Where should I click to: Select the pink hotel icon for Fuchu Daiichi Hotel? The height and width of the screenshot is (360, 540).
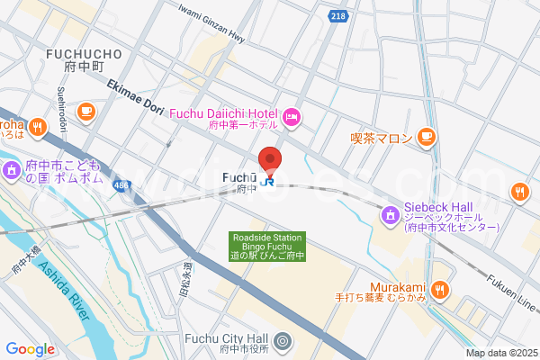pos(292,116)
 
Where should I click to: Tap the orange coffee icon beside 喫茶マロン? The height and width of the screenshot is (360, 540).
pos(427,138)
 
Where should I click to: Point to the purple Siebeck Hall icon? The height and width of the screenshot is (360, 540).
pos(390,215)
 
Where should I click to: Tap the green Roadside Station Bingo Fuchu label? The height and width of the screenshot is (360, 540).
pos(268,247)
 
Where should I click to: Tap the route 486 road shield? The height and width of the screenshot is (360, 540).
pos(120,184)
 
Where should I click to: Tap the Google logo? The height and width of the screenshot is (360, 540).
pos(31,349)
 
